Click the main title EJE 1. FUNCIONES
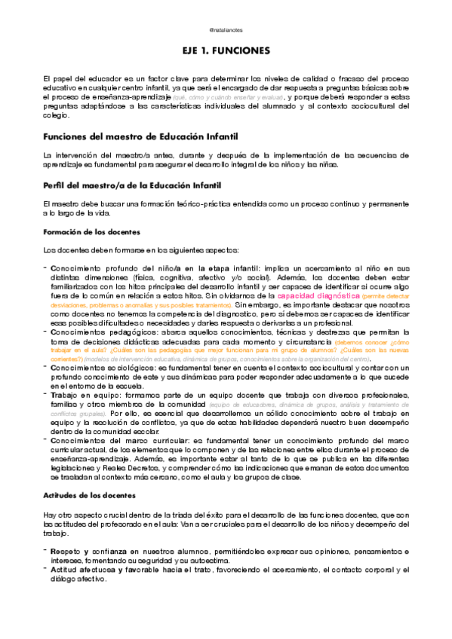[x=226, y=50]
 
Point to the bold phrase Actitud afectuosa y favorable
[x=111, y=570]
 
